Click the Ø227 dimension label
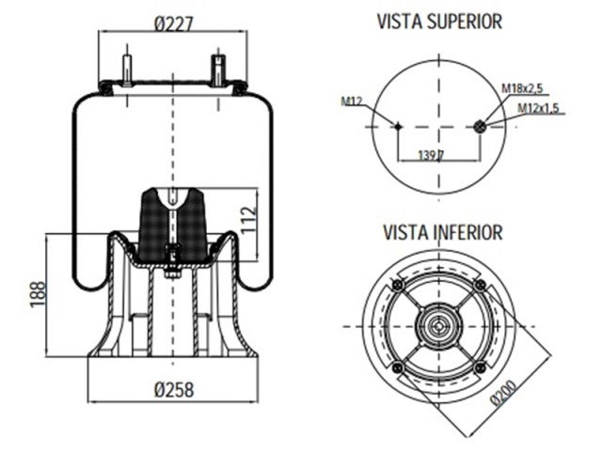(173, 25)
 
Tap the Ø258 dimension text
(173, 388)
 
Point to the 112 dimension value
(247, 223)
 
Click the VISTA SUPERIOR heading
(439, 21)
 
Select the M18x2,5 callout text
(523, 88)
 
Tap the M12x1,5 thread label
(538, 109)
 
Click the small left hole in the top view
(399, 128)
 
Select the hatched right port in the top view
(483, 128)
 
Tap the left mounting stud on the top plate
(127, 71)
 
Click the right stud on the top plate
(219, 71)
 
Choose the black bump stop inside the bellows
(172, 225)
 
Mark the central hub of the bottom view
(439, 326)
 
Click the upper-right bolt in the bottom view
(481, 285)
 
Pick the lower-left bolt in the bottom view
(398, 366)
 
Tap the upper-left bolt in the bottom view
(398, 285)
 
